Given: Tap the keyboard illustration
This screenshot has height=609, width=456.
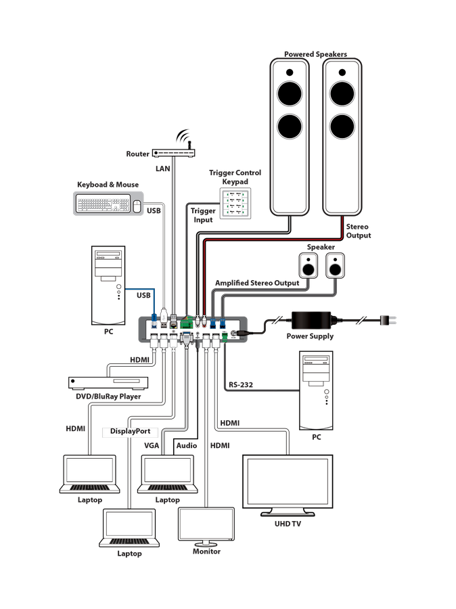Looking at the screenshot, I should click(x=101, y=203).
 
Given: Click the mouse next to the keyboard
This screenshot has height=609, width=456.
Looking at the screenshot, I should click(x=137, y=205).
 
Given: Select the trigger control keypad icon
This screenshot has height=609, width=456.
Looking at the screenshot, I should click(x=237, y=203).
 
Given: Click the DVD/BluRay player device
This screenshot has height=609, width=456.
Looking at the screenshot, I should click(x=108, y=383).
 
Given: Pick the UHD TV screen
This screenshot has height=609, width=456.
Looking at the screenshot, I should click(x=288, y=484).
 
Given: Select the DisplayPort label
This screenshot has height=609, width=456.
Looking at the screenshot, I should click(x=131, y=431).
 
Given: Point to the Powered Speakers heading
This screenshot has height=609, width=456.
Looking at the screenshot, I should click(x=315, y=54).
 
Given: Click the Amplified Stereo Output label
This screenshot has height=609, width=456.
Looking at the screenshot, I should click(x=257, y=283).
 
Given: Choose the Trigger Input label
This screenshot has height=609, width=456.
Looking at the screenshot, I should click(x=202, y=215).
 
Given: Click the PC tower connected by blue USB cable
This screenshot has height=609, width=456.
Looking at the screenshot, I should click(x=108, y=286).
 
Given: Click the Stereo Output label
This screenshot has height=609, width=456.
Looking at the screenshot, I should click(x=359, y=231).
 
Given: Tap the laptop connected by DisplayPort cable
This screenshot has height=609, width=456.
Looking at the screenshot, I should click(x=129, y=528).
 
